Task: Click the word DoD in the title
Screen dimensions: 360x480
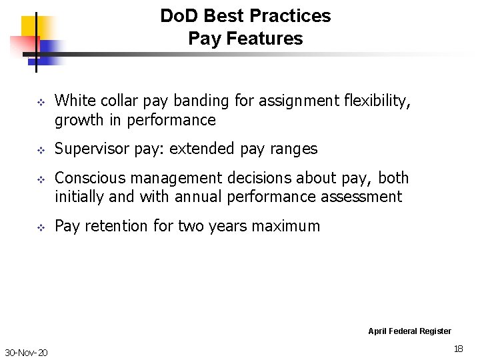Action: tap(176, 16)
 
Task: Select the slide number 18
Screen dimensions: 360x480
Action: tap(458, 348)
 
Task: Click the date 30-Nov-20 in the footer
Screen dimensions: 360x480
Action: tap(26, 352)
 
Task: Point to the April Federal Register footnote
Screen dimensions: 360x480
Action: tap(409, 331)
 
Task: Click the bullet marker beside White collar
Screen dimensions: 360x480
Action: tap(39, 102)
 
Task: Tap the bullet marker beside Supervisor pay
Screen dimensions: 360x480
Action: tap(39, 150)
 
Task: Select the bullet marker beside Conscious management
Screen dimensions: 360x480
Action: tap(39, 179)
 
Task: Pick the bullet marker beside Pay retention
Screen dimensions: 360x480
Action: tap(39, 227)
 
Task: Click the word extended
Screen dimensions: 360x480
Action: tap(200, 149)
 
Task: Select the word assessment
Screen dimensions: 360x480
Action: tap(363, 197)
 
